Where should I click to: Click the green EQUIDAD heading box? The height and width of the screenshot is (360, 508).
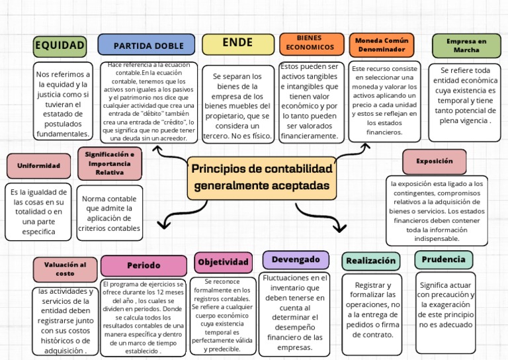60,46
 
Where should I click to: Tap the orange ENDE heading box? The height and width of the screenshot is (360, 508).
238,44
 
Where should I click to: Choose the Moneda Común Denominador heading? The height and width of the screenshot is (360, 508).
382,44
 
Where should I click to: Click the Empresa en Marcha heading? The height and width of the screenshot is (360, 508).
466,45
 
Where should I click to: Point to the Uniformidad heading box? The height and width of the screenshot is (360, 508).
38,165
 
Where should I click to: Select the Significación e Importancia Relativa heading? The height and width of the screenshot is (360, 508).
110,163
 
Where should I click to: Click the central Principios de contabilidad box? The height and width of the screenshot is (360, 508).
261,177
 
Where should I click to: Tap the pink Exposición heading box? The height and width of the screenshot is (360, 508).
435,161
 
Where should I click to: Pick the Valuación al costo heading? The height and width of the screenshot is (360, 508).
65,269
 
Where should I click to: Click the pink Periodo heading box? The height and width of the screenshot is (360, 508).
144,265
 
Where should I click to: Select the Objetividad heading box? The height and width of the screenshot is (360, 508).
224,262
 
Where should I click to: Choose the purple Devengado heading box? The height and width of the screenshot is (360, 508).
296,259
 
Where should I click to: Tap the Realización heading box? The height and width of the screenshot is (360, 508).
371,261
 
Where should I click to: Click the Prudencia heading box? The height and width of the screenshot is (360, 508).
444,259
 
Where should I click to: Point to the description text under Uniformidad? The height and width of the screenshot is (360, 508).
38,212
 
